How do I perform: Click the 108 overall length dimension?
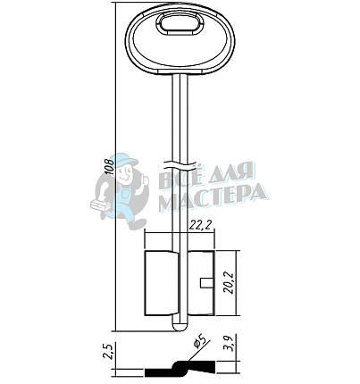(110, 167)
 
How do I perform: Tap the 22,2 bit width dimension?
(202, 226)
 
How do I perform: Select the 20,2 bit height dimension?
(230, 282)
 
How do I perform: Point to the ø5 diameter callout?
(200, 341)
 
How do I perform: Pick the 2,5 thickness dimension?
(109, 352)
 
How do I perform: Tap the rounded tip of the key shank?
(180, 327)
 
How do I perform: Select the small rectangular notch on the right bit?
(206, 283)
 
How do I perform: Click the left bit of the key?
(160, 283)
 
